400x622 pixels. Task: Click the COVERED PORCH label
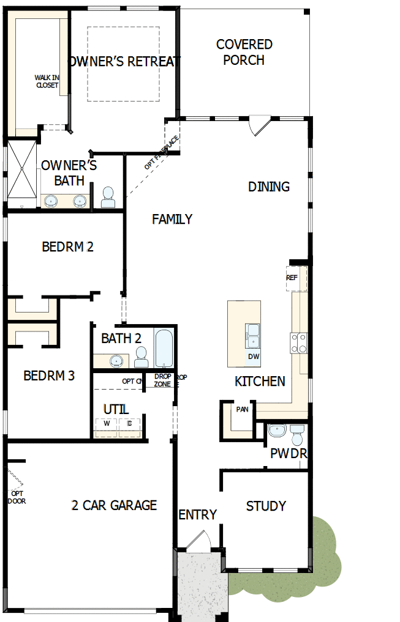244,52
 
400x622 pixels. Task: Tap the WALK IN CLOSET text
46,81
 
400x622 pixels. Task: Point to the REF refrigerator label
292,278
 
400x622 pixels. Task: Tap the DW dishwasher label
253,357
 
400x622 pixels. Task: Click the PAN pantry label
242,409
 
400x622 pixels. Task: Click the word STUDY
266,506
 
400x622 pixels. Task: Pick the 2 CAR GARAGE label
114,505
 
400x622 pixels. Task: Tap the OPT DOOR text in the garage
17,497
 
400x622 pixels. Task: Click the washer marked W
106,423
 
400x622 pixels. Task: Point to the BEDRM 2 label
67,247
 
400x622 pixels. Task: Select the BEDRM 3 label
49,376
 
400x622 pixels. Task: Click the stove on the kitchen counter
298,344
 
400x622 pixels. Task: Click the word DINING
269,187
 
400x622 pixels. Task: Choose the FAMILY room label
172,219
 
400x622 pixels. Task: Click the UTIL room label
116,409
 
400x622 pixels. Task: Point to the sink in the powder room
277,431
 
